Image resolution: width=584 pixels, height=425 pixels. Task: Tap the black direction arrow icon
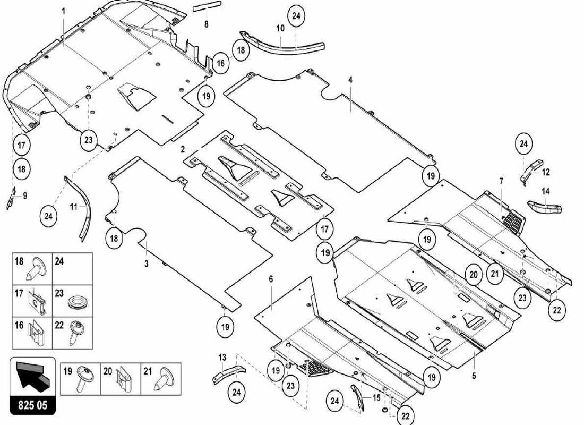(x=32, y=375)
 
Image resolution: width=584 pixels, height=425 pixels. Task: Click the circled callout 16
(x=220, y=63)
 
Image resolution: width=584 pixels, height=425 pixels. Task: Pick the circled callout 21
(x=495, y=274)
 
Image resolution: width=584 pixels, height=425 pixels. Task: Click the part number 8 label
(x=206, y=24)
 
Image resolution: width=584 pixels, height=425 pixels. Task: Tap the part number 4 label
(x=350, y=80)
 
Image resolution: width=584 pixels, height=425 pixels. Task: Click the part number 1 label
(x=63, y=11)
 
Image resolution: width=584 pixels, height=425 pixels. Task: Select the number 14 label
(x=545, y=191)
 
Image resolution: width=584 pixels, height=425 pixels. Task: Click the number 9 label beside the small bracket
(x=24, y=195)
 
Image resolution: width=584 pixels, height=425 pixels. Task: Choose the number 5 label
(x=474, y=376)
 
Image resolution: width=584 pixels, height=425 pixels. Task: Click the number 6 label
(x=271, y=279)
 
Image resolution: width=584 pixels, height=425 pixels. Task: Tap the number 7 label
(x=501, y=182)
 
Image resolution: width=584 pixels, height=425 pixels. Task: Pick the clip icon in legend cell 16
(x=37, y=332)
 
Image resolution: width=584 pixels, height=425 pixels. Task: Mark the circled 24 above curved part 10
(x=296, y=16)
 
